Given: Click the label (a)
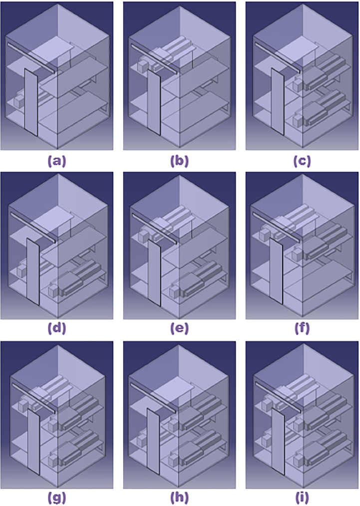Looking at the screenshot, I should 57,161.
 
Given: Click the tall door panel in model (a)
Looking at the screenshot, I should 30,102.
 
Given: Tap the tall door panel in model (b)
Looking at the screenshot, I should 154,102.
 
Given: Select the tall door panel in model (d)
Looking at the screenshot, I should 32,272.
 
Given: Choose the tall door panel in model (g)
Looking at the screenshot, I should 33,442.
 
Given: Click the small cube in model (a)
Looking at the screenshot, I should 19,102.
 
